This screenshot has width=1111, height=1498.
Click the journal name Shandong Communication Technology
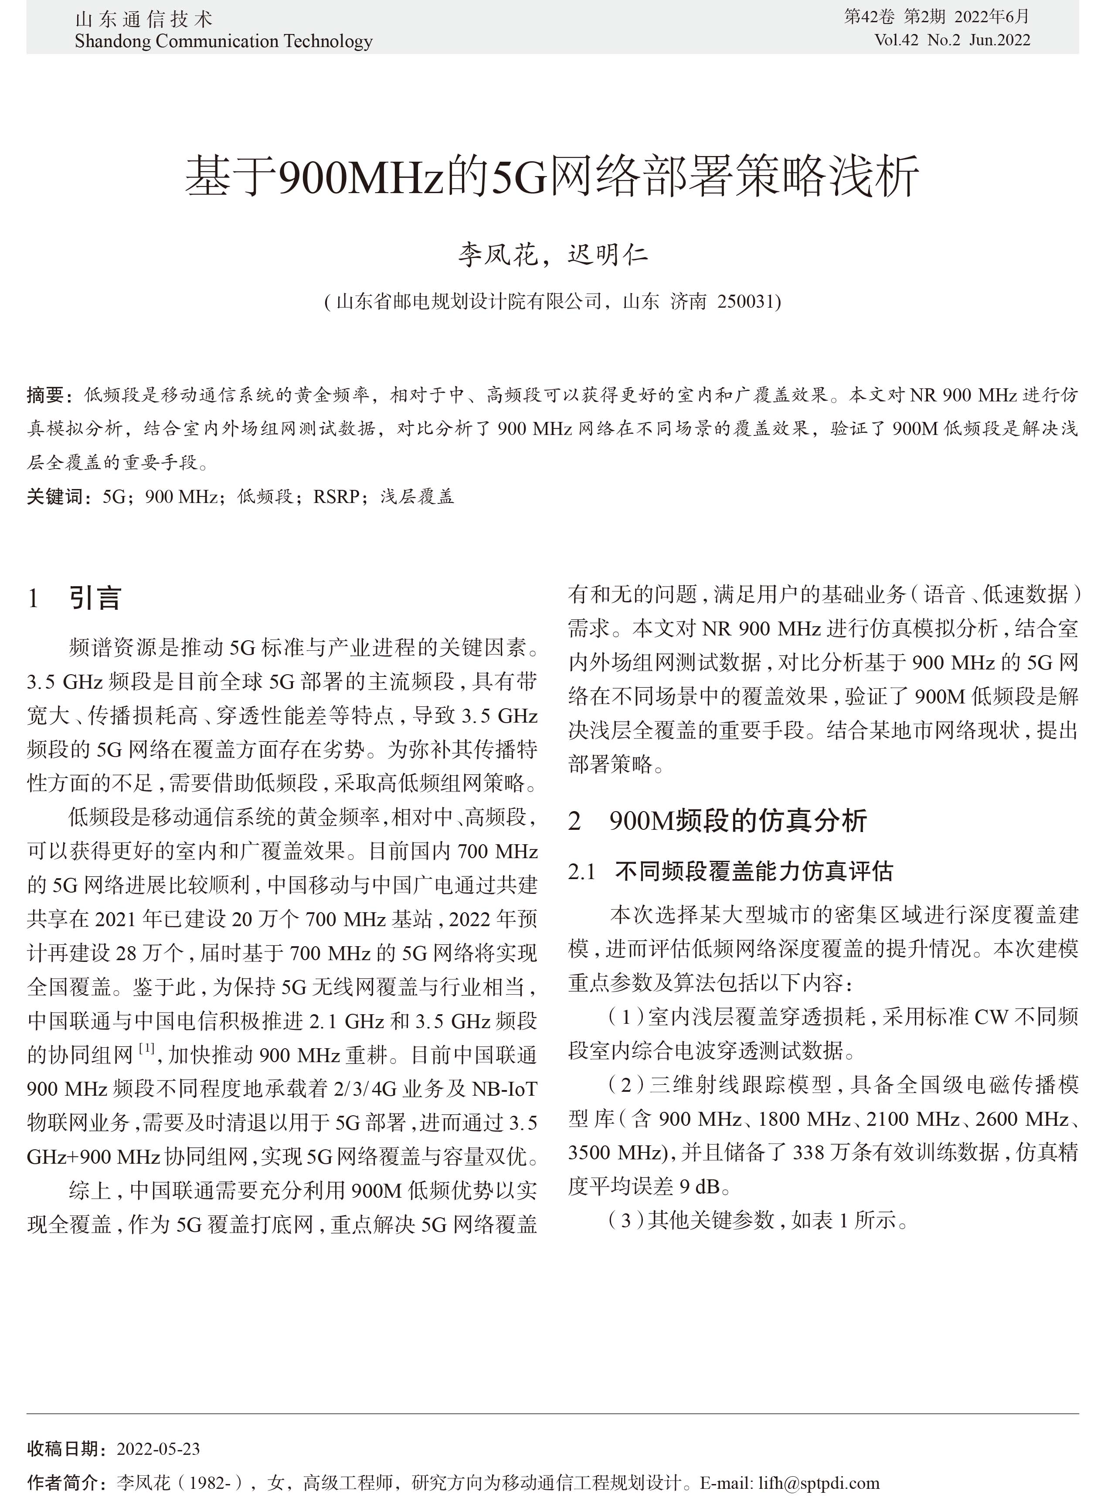pos(223,42)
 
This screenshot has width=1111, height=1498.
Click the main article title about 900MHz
pos(551,176)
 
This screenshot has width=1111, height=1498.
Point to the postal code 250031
pos(746,301)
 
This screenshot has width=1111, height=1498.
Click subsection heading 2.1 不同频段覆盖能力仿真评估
pos(730,872)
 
